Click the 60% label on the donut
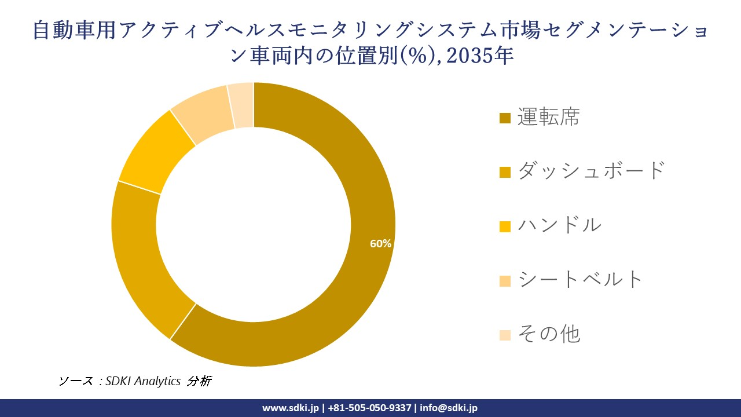tap(381, 244)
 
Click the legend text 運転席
tap(548, 118)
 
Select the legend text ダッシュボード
tap(591, 171)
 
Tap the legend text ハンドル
tap(559, 225)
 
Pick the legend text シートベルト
tap(580, 279)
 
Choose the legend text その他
tap(548, 334)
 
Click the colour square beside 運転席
tap(505, 119)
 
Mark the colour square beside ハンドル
tap(505, 226)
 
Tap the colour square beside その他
tap(505, 335)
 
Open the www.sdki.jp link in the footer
tap(291, 408)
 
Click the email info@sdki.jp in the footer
tap(449, 408)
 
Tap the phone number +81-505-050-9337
tap(370, 408)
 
